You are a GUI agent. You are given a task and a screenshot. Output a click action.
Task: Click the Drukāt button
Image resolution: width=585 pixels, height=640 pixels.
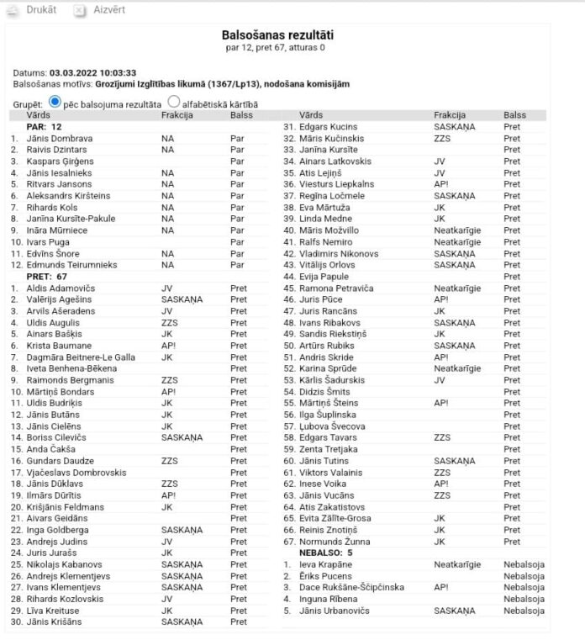34,10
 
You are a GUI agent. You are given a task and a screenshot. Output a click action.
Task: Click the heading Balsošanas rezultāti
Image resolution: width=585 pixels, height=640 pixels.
277,35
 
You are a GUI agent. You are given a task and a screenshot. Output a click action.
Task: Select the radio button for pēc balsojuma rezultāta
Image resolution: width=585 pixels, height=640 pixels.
55,102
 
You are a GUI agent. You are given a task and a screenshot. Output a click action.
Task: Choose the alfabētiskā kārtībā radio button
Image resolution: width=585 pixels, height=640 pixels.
174,102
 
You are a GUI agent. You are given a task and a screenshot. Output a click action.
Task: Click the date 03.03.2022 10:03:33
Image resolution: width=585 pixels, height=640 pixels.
92,73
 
